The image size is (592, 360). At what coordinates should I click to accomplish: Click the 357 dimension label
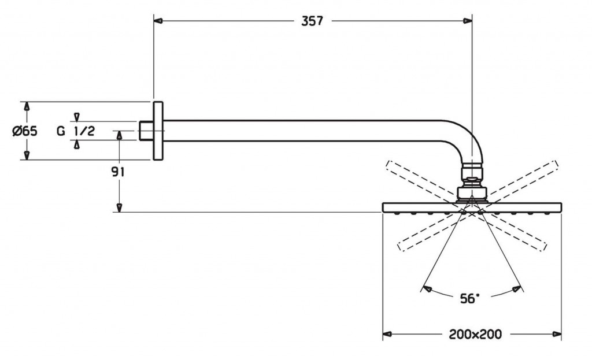[312, 21]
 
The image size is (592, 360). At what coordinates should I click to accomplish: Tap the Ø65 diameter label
[25, 131]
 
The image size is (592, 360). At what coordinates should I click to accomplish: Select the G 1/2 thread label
[76, 131]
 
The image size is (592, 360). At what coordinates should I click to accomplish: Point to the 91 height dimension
[119, 172]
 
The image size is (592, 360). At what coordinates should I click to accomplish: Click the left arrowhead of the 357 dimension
[158, 21]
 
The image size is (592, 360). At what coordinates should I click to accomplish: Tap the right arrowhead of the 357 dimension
[468, 21]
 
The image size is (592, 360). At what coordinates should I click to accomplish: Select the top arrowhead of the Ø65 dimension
[26, 106]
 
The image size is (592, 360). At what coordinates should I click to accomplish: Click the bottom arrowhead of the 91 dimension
[119, 208]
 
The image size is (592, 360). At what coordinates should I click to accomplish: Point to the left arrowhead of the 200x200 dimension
[387, 334]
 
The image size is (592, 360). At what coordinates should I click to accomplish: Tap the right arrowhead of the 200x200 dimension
[557, 334]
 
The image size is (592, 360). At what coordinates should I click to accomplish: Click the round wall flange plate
[158, 131]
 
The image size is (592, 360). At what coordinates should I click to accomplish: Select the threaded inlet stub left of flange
[147, 131]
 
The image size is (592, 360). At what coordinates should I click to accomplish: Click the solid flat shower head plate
[472, 206]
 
